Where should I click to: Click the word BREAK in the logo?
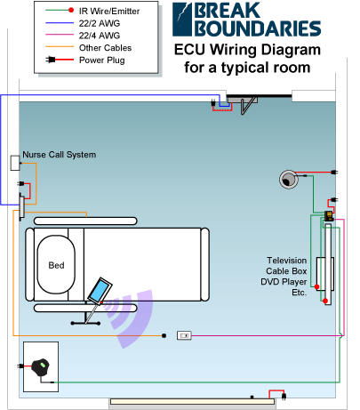(227, 11)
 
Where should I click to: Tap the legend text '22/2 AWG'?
(100, 23)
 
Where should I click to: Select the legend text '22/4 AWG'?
(100, 36)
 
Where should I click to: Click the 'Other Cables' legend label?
(105, 48)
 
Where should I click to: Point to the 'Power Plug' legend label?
(102, 60)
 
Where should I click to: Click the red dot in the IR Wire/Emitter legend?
(71, 11)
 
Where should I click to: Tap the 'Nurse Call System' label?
(60, 155)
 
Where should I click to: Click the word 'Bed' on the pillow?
(56, 265)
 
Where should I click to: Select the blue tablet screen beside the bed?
(99, 291)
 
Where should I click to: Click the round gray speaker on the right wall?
(288, 180)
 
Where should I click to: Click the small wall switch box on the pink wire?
(184, 335)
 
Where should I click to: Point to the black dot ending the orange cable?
(164, 335)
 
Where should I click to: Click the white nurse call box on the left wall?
(15, 163)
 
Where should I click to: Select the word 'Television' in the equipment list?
(287, 261)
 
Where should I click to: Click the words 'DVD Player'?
(284, 282)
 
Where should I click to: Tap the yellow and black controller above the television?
(328, 216)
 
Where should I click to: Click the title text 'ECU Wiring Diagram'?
(247, 50)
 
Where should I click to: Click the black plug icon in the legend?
(51, 60)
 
